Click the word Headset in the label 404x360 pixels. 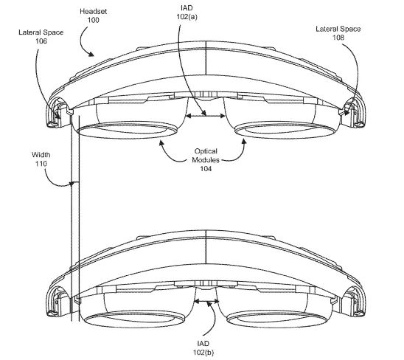click(x=94, y=11)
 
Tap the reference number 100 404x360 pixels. click(x=94, y=20)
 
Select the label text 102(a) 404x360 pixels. click(x=187, y=17)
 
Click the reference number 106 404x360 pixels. click(x=41, y=41)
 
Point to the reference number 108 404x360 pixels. click(x=338, y=38)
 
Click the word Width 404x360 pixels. click(x=41, y=155)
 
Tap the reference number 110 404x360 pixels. click(x=41, y=164)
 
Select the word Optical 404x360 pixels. click(x=206, y=151)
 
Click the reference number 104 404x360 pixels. click(x=206, y=169)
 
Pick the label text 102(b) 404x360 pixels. click(x=203, y=353)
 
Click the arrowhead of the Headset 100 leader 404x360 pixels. click(x=91, y=54)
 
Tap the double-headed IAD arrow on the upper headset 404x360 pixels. click(x=206, y=117)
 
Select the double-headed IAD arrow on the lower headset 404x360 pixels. click(x=206, y=301)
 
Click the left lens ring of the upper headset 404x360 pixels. click(x=127, y=137)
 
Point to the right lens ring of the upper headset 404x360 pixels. click(x=285, y=138)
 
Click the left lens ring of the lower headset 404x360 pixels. click(x=134, y=326)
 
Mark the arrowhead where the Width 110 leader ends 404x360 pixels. click(x=72, y=184)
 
